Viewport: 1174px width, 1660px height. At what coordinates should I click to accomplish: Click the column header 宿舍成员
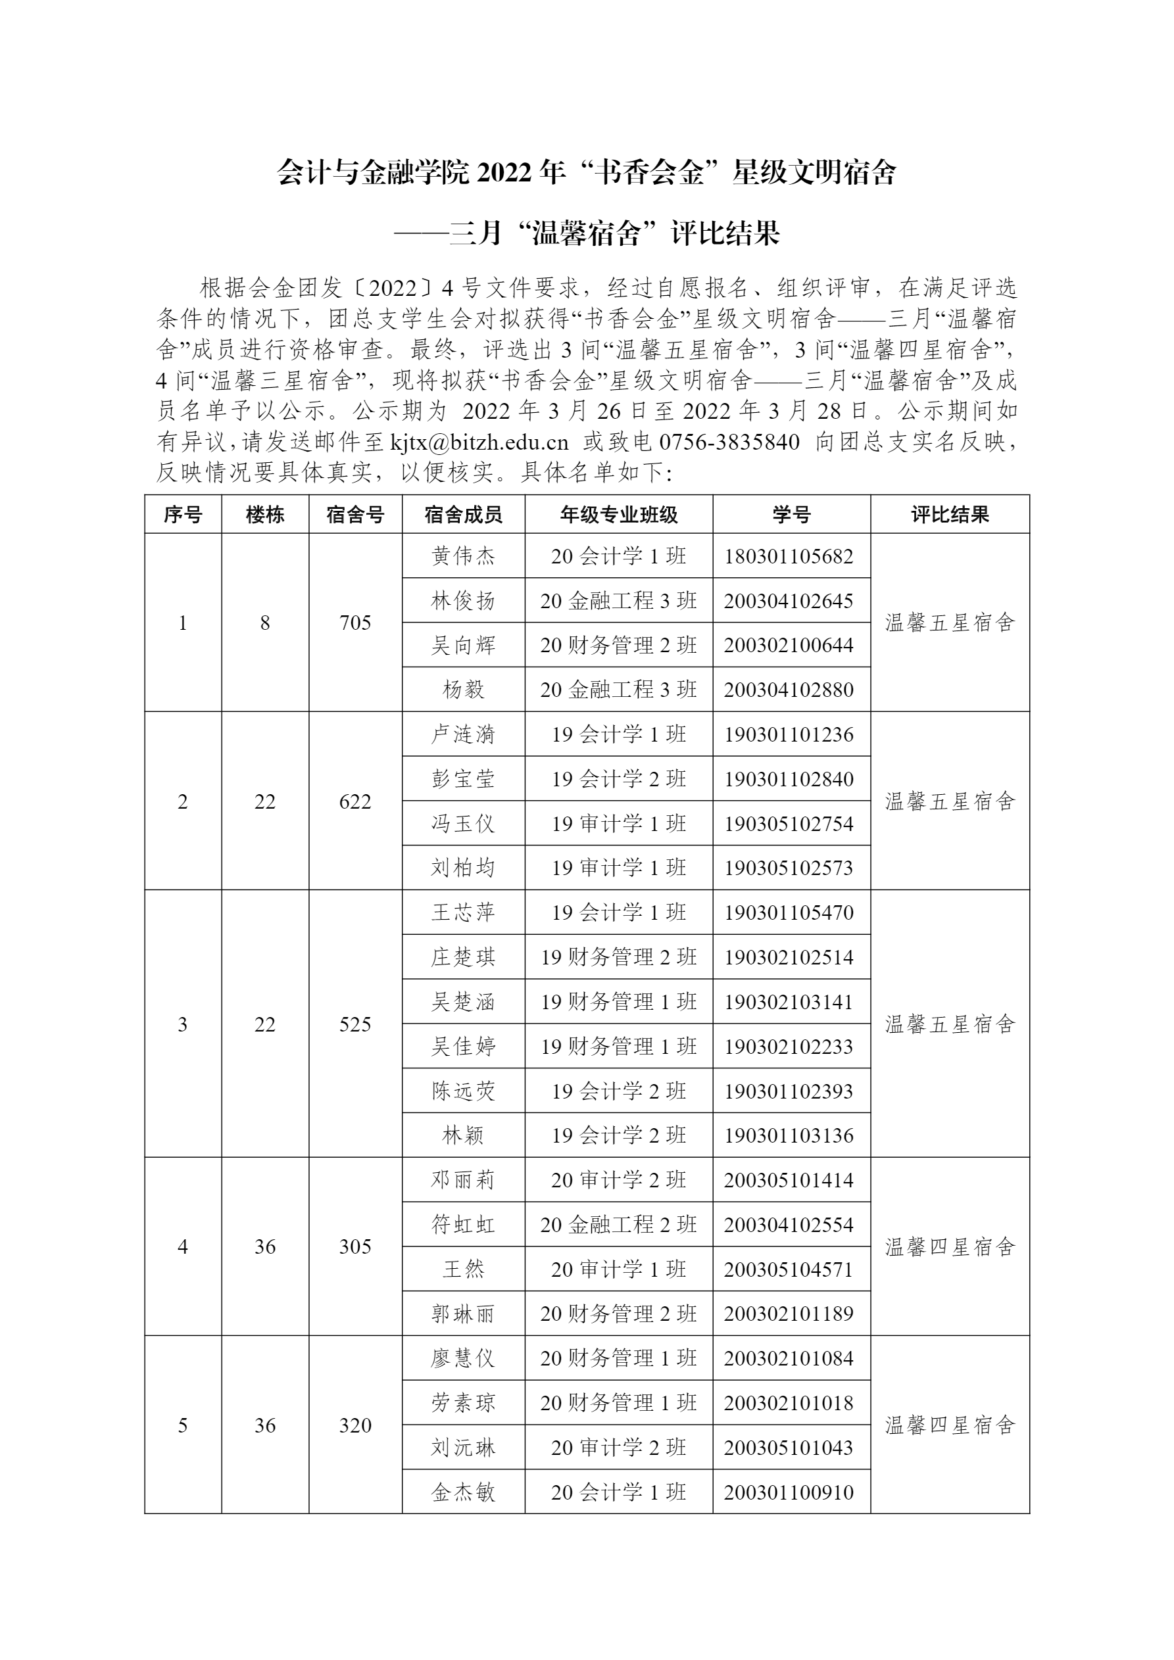(463, 514)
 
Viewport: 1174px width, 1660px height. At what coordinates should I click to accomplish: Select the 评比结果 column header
(949, 514)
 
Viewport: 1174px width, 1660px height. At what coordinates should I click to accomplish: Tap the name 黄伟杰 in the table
(463, 556)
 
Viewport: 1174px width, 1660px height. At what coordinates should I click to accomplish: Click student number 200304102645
(789, 601)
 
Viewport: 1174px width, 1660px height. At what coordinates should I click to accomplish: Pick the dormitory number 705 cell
(355, 623)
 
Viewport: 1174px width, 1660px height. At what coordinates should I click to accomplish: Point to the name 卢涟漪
(463, 734)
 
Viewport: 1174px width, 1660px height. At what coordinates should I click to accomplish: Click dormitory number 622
(355, 801)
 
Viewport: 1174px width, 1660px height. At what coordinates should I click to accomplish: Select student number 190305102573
(789, 868)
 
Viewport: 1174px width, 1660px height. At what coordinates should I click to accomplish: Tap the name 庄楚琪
(463, 957)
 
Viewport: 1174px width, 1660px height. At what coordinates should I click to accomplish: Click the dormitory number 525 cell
(355, 1024)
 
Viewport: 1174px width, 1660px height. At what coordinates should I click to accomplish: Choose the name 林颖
(463, 1135)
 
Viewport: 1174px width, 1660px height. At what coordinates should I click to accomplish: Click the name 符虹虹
(463, 1225)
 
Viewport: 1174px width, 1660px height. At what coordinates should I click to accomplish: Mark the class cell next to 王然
(618, 1269)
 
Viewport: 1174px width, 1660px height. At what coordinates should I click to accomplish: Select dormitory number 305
(355, 1246)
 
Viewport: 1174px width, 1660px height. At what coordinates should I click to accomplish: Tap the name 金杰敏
(463, 1492)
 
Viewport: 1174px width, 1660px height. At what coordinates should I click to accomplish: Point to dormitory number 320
(355, 1425)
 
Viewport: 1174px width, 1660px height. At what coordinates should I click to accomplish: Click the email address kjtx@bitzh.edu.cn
(479, 441)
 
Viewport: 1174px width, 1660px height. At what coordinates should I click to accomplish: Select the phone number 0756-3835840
(729, 441)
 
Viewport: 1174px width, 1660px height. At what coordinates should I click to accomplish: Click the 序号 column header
(182, 514)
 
